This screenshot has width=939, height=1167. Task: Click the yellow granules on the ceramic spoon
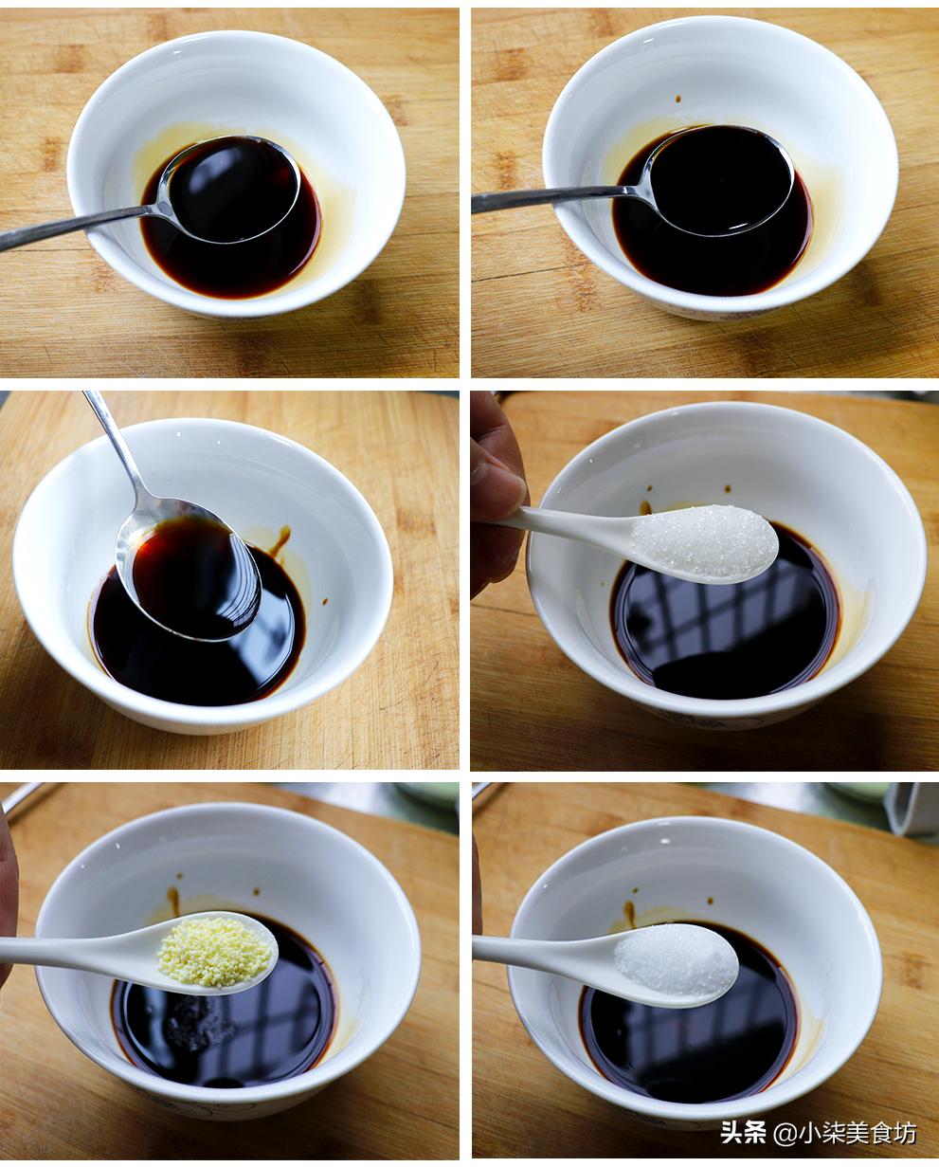[x=215, y=952]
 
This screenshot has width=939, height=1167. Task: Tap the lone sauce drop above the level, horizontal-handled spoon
[x=677, y=99]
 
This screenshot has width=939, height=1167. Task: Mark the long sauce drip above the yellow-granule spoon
[x=173, y=899]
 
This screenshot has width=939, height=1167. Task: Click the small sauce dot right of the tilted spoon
[x=325, y=601]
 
